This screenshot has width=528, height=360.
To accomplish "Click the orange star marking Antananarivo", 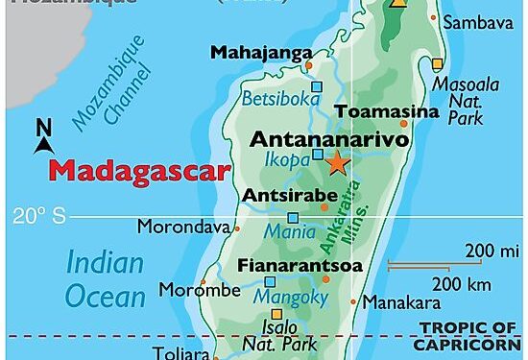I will click(x=336, y=163).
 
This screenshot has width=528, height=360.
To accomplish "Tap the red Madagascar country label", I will click(x=140, y=172).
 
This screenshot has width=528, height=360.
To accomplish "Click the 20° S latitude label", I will click(x=39, y=216).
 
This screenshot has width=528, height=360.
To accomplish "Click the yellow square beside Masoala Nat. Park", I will click(x=437, y=63).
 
